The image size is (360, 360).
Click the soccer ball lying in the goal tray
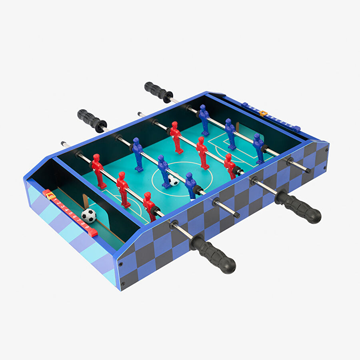tap(88, 216)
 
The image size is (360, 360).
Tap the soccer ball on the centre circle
tap(174, 180)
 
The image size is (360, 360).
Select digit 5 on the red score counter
tap(70, 212)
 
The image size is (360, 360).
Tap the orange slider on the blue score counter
tap(263, 114)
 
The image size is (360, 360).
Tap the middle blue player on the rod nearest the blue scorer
tap(230, 133)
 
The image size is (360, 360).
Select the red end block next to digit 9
tap(92, 232)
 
